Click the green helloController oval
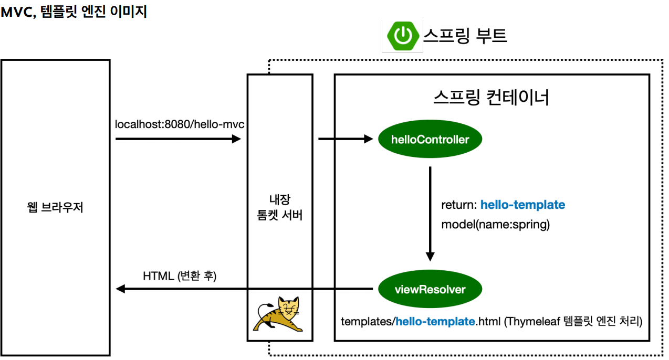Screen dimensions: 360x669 pyautogui.click(x=430, y=140)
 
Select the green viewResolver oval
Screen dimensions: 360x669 pyautogui.click(x=430, y=289)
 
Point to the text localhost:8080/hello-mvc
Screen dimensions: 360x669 pyautogui.click(x=180, y=124)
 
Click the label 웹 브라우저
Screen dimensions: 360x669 pyautogui.click(x=56, y=207)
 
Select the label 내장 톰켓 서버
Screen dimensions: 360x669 pyautogui.click(x=280, y=207)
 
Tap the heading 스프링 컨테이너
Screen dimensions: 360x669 pyautogui.click(x=492, y=98)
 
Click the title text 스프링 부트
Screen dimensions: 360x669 pyautogui.click(x=465, y=35)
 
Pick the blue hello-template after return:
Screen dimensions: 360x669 pyautogui.click(x=522, y=205)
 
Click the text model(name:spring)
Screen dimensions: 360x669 pyautogui.click(x=495, y=225)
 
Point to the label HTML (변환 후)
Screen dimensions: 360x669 pyautogui.click(x=180, y=276)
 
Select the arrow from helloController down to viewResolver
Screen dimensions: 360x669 pyautogui.click(x=430, y=213)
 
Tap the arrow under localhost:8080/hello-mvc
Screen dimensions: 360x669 pyautogui.click(x=178, y=139)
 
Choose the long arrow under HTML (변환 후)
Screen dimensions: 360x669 pyautogui.click(x=244, y=289)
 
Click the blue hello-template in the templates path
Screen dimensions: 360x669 pyautogui.click(x=435, y=321)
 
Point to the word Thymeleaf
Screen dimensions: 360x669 pyautogui.click(x=531, y=321)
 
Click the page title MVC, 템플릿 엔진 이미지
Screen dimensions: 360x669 pyautogui.click(x=74, y=12)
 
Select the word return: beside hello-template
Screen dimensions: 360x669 pyautogui.click(x=459, y=205)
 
